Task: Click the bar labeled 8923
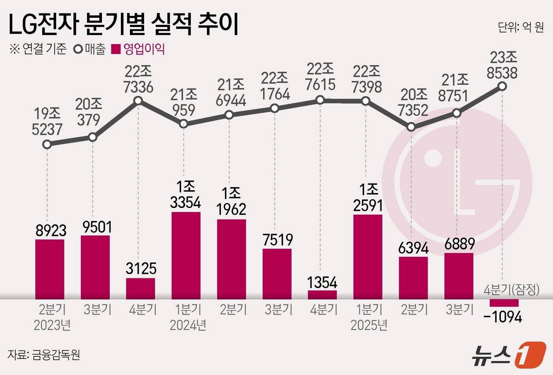point(50,269)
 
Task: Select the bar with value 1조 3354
point(186,255)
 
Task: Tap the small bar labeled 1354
point(322,295)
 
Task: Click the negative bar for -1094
point(504,303)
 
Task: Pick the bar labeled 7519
point(277,274)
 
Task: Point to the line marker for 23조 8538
point(502,86)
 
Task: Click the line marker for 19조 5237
point(47,144)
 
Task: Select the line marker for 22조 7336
point(138,101)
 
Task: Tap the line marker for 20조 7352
point(411,127)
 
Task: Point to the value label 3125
point(141,268)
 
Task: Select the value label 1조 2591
point(368,199)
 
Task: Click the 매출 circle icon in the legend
point(78,49)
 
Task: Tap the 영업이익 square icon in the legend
point(116,49)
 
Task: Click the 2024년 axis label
point(188,325)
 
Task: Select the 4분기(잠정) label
point(512,290)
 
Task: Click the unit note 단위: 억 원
point(521,27)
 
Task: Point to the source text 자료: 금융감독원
point(44,354)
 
